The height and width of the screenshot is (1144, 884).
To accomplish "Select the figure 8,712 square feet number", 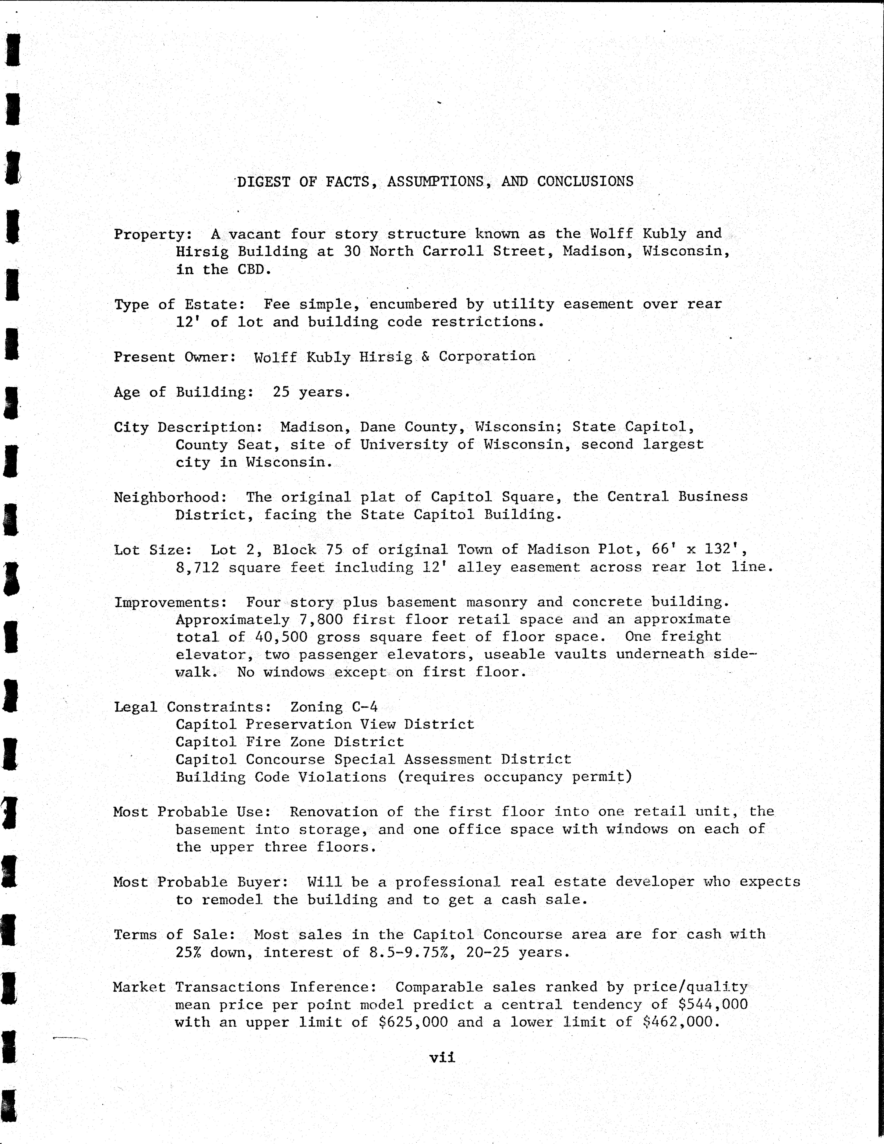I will coord(197,567).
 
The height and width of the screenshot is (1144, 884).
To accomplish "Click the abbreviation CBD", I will coord(254,270).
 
